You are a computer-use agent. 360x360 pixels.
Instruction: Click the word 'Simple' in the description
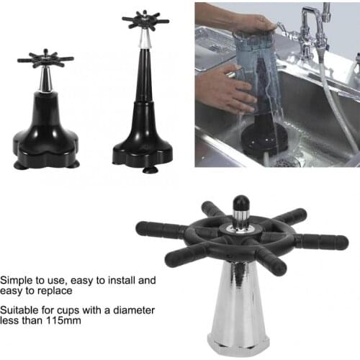pyautogui.click(x=17, y=279)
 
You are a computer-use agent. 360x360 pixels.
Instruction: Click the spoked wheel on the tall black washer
pyautogui.click(x=145, y=19)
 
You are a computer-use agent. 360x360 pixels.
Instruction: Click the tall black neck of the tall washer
pyautogui.click(x=144, y=79)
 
